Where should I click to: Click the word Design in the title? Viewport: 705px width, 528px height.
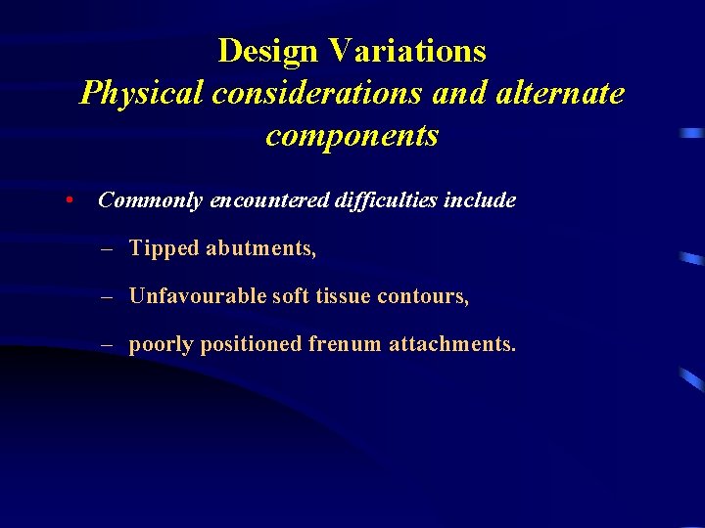(268, 50)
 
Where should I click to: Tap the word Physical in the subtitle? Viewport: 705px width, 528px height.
(143, 93)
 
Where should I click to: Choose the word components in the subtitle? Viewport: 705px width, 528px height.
(352, 136)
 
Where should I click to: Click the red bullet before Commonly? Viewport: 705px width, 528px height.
(69, 200)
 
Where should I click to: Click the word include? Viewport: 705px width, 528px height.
(480, 200)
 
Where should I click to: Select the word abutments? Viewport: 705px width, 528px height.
(260, 248)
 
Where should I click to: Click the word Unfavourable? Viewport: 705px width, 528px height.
(198, 296)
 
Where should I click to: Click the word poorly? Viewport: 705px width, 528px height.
(161, 344)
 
